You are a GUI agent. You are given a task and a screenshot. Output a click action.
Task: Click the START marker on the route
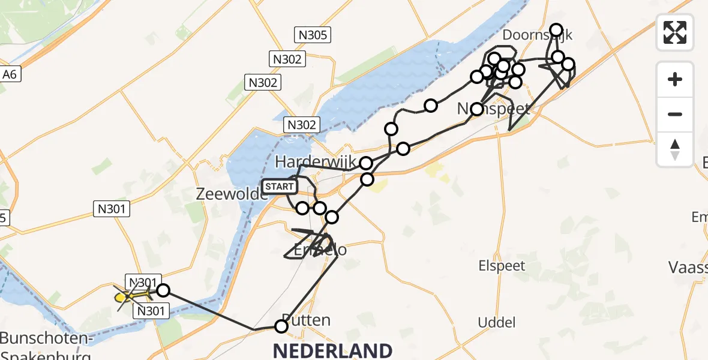pos(279,187)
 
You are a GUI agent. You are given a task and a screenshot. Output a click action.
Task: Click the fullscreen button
pos(675,32)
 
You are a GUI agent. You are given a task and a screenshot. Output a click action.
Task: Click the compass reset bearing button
pos(675,149)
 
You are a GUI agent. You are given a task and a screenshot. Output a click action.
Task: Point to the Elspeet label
pos(502,266)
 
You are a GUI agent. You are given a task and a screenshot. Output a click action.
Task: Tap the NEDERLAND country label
pos(333,350)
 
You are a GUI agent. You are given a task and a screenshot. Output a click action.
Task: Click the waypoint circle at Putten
pos(281,326)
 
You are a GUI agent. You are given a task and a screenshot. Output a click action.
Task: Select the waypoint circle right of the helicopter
pos(163,291)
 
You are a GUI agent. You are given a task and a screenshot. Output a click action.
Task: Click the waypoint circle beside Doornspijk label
pos(556,30)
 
